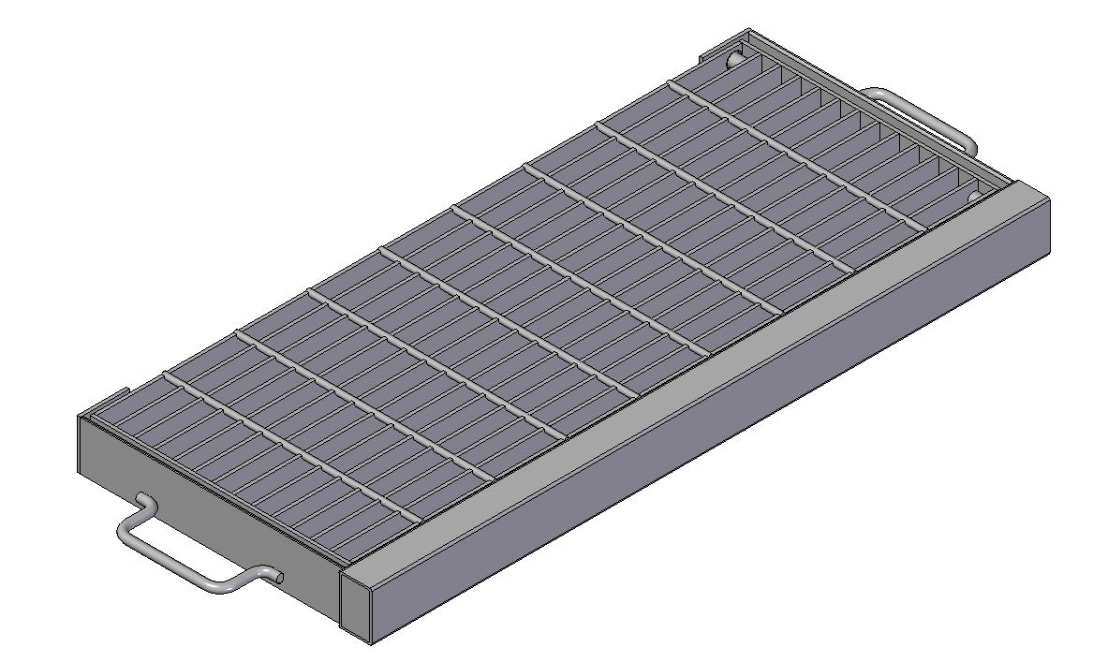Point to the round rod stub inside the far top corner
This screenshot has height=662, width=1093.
[735, 59]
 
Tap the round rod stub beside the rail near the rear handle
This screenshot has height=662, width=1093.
[973, 196]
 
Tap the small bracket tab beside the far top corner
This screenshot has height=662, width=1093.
[704, 59]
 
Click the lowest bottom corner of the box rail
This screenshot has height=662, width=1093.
[371, 643]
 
